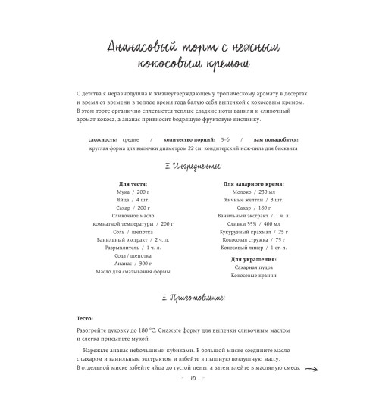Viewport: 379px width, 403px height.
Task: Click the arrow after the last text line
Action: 309,369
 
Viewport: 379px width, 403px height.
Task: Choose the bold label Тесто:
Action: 86,319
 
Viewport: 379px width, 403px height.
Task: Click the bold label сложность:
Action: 102,140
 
